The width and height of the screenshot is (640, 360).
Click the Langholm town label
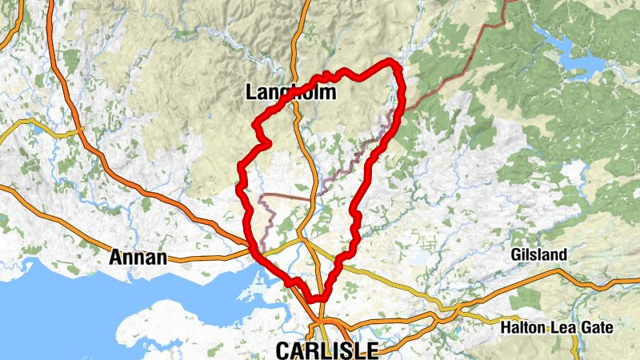[x=290, y=94]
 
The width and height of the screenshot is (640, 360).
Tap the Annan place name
[x=138, y=258]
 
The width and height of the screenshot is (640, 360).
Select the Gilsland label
[x=538, y=255]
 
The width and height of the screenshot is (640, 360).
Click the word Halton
[x=522, y=327]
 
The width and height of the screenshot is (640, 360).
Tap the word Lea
[x=564, y=327]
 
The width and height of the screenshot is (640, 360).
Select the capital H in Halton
[x=504, y=327]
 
